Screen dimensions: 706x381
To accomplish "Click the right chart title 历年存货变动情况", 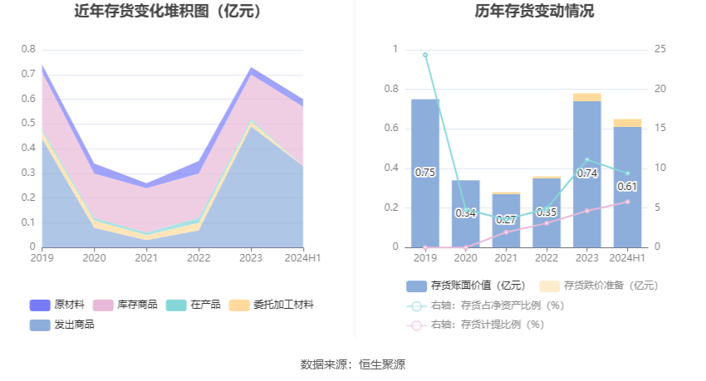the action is click(534, 11).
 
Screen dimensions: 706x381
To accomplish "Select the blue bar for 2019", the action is click(425, 173).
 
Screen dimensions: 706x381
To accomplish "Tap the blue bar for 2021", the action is click(506, 221).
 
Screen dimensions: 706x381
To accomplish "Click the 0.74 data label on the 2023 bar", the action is click(587, 173).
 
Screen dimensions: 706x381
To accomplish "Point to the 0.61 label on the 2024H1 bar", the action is click(627, 186).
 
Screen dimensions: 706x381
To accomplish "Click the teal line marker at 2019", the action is click(425, 55).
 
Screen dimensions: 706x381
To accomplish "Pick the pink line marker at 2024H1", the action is click(628, 202).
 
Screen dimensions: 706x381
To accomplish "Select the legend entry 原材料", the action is click(57, 305).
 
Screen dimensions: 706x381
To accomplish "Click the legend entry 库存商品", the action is click(125, 305).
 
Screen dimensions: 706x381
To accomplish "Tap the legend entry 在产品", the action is click(194, 305).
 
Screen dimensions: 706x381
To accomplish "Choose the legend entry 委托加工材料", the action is click(271, 305).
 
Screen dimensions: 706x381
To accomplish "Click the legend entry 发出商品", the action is click(62, 325).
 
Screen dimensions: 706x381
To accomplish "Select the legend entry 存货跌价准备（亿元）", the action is click(599, 286).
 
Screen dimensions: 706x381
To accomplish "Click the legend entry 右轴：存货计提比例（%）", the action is click(475, 325).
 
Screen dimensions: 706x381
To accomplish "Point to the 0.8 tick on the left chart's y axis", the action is click(28, 49).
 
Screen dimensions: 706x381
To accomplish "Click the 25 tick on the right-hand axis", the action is click(660, 49).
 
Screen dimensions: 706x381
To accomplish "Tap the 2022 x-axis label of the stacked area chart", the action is click(199, 258).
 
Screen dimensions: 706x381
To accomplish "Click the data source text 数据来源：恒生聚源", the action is click(353, 364).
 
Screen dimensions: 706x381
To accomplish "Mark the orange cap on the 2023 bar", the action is click(587, 97).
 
